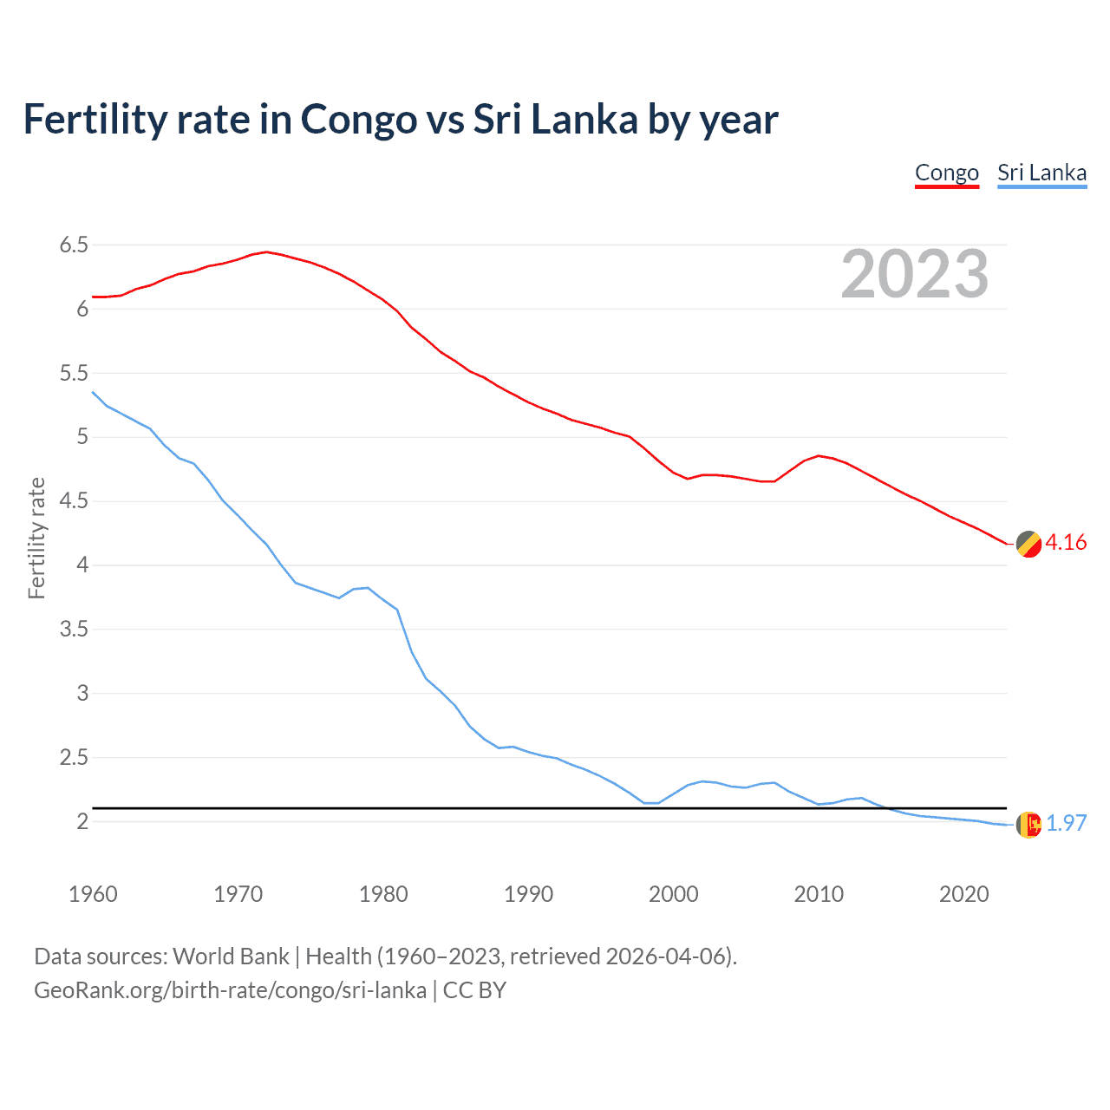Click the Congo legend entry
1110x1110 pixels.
(x=946, y=173)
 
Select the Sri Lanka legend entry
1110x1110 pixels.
(x=1041, y=173)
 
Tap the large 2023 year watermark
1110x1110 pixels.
(x=915, y=275)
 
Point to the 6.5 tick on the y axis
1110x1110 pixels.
(x=74, y=245)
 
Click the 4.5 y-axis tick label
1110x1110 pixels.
(x=74, y=501)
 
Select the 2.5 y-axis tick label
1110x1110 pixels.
(x=74, y=758)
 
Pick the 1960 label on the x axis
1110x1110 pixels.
(x=93, y=894)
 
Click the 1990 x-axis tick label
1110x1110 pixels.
(x=528, y=894)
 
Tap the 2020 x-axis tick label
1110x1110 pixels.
(x=963, y=894)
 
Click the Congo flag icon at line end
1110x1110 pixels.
(x=1028, y=544)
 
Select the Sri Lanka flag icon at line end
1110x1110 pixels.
(x=1028, y=825)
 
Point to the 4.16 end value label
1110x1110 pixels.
(x=1066, y=543)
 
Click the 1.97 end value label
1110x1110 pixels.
(x=1066, y=824)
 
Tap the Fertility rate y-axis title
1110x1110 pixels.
(x=36, y=538)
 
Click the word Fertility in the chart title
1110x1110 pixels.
(x=94, y=119)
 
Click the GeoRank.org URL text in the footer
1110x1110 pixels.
(x=230, y=990)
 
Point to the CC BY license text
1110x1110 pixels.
(x=474, y=990)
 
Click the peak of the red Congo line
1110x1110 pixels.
(x=266, y=251)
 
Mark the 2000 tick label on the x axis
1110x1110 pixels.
(x=673, y=894)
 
